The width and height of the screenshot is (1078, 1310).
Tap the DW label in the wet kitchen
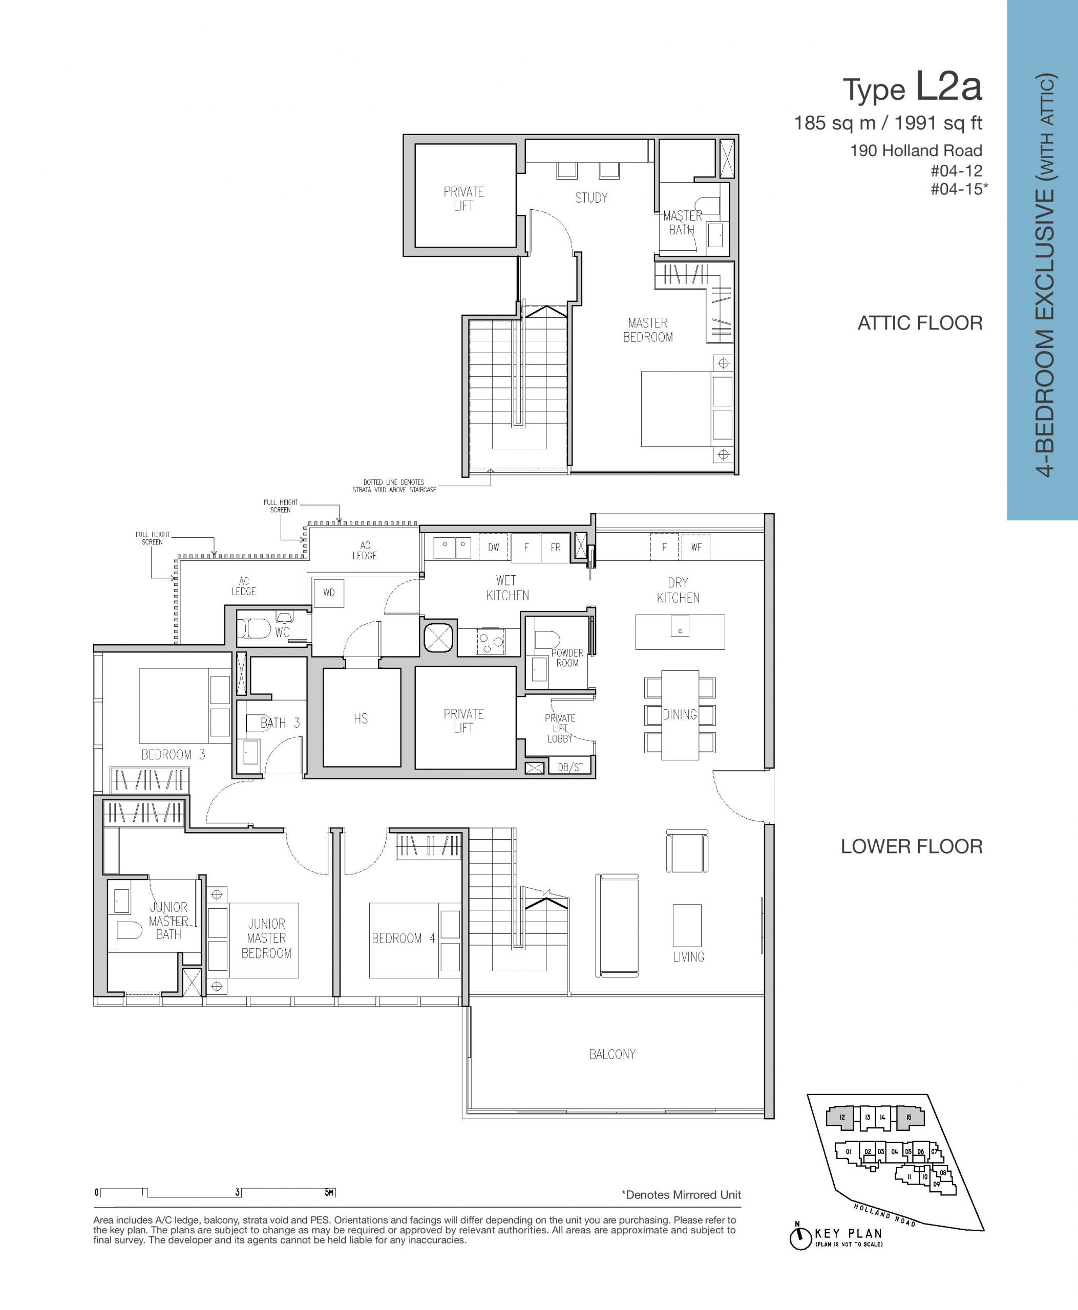click(x=494, y=548)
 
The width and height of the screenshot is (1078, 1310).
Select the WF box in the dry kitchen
click(x=696, y=548)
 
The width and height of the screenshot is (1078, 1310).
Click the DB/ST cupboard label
click(x=570, y=768)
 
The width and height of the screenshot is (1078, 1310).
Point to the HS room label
click(x=361, y=718)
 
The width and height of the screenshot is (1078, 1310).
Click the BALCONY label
click(x=612, y=1054)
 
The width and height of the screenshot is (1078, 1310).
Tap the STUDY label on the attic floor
click(x=591, y=198)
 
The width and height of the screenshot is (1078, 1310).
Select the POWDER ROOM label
click(x=567, y=658)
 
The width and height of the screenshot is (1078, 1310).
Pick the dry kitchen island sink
click(x=680, y=626)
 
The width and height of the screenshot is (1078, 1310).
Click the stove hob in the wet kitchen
click(x=489, y=641)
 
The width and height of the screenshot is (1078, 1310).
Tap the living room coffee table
click(x=687, y=925)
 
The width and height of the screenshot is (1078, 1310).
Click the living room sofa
click(x=617, y=926)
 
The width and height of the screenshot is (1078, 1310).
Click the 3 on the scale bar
click(x=237, y=1192)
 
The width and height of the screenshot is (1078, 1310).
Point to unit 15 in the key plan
click(x=909, y=1118)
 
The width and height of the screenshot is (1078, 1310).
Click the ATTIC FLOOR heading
click(x=920, y=323)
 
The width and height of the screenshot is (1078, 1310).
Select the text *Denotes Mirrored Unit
click(x=681, y=1195)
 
